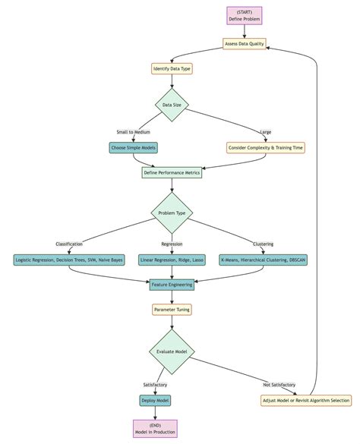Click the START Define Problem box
[245, 15]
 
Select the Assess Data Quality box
[245, 44]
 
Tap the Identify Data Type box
[172, 68]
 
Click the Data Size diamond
[172, 105]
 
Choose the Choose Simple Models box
[133, 147]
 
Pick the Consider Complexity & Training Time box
[266, 147]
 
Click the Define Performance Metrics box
[172, 172]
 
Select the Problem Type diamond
[172, 213]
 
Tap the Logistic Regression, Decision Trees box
[69, 260]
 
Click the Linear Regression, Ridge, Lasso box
[172, 260]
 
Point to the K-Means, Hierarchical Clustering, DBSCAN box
[264, 260]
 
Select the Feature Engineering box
[172, 285]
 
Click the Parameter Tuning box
[172, 310]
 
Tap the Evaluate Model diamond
[172, 351]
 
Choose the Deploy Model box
[155, 400]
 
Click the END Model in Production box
[155, 429]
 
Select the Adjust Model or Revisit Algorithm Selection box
[305, 400]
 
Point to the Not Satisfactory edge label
[279, 385]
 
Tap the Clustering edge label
[264, 244]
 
